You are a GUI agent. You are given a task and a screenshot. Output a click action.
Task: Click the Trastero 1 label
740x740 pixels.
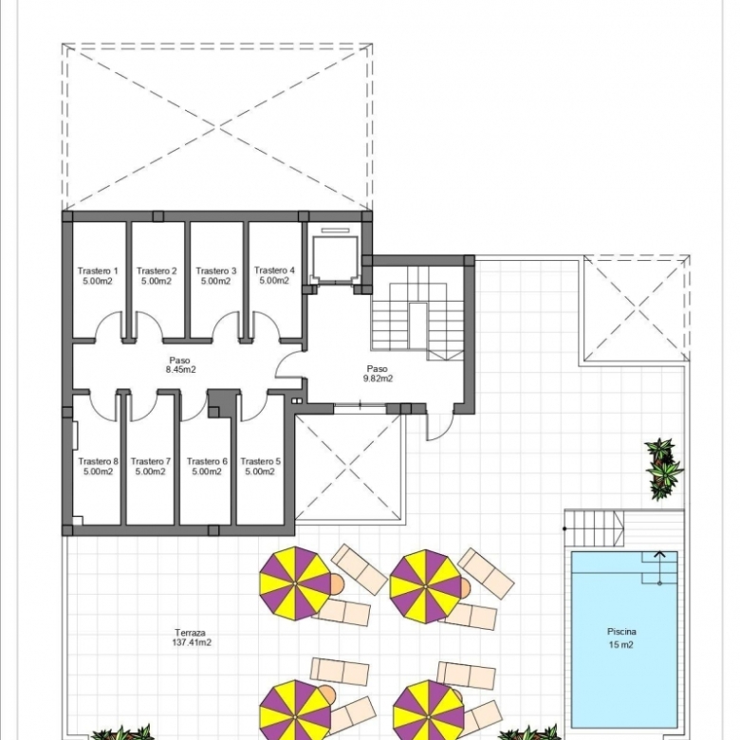tap(98, 271)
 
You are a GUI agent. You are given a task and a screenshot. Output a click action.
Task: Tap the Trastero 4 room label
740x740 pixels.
tap(274, 270)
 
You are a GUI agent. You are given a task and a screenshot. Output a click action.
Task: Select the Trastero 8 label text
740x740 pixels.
tap(98, 461)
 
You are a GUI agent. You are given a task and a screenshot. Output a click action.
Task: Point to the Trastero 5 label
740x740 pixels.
tap(261, 461)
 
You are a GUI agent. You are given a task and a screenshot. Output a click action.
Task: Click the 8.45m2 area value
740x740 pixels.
tap(180, 370)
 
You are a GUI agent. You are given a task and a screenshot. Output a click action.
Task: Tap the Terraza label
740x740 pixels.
tap(190, 633)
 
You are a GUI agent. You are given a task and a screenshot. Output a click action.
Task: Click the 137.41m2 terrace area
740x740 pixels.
tap(192, 642)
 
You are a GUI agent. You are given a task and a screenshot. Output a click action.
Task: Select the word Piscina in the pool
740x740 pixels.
tap(621, 632)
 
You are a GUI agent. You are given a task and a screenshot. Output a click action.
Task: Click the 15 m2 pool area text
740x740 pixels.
tap(621, 645)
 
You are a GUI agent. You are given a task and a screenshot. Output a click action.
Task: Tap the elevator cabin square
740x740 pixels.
tap(335, 259)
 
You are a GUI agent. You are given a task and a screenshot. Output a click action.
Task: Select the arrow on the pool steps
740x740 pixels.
tap(659, 567)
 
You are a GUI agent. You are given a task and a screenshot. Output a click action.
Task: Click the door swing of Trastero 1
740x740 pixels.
tap(109, 325)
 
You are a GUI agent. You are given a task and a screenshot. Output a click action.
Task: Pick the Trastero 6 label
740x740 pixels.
tap(207, 461)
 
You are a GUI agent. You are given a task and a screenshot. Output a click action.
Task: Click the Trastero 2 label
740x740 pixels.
tap(157, 271)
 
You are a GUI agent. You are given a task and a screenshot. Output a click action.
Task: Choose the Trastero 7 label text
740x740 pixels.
tap(151, 461)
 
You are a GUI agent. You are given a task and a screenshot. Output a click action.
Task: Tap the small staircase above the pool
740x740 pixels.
tap(595, 528)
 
